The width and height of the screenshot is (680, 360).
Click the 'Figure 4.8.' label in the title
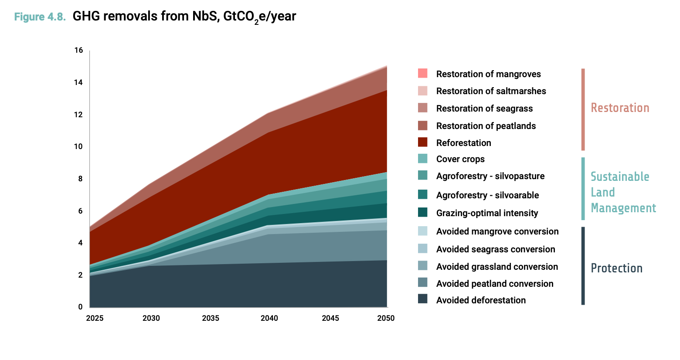click(x=40, y=17)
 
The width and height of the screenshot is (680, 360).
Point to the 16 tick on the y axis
click(x=78, y=51)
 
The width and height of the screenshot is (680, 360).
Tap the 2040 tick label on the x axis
click(x=269, y=318)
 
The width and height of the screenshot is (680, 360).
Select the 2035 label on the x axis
click(x=211, y=318)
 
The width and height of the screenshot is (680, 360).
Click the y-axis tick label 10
click(x=78, y=146)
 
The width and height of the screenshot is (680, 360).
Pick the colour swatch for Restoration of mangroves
click(x=422, y=73)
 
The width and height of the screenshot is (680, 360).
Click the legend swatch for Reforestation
click(x=422, y=142)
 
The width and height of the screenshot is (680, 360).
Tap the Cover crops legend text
click(x=460, y=159)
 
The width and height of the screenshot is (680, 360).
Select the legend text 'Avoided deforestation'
click(x=481, y=300)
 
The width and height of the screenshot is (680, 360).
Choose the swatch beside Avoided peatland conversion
click(x=422, y=282)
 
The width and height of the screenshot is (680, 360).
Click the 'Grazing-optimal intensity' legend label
click(x=487, y=213)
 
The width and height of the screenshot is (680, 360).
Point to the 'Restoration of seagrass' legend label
click(x=484, y=109)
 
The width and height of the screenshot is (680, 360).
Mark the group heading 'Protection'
click(x=616, y=268)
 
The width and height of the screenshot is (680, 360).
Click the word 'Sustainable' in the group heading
click(x=619, y=177)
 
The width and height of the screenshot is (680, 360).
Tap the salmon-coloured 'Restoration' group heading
click(x=620, y=108)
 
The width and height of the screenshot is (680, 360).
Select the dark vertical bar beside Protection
click(x=583, y=265)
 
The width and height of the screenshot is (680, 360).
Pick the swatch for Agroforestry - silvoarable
click(x=422, y=194)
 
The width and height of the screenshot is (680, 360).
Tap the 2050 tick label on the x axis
click(x=386, y=318)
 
